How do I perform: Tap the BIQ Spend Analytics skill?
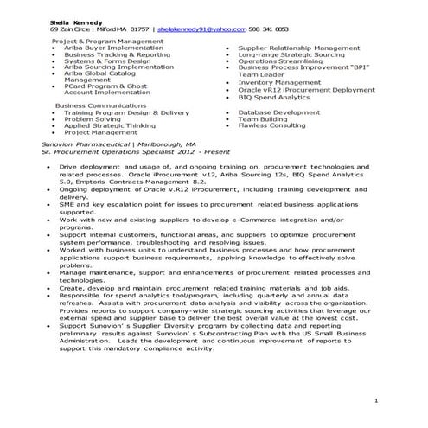[x=276, y=96]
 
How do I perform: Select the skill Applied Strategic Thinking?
[x=111, y=125]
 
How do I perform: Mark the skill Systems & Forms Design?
[x=106, y=61]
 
